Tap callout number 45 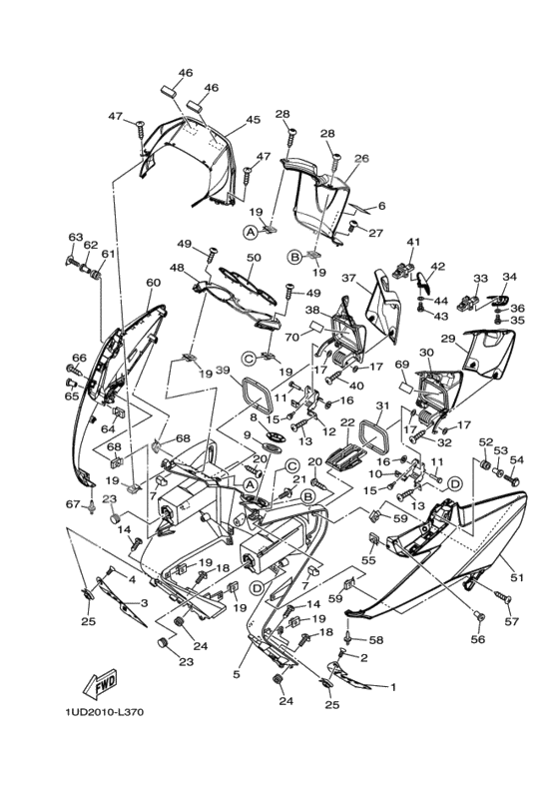[253, 120]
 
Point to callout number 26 [361, 158]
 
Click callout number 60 [153, 283]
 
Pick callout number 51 [516, 577]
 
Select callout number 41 [413, 242]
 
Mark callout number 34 [509, 277]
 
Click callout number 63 [74, 237]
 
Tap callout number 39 [223, 372]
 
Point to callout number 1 [392, 687]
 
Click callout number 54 [516, 460]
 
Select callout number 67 [72, 503]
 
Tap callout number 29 [448, 340]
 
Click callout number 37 [349, 278]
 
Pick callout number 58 [376, 639]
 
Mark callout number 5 [237, 675]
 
